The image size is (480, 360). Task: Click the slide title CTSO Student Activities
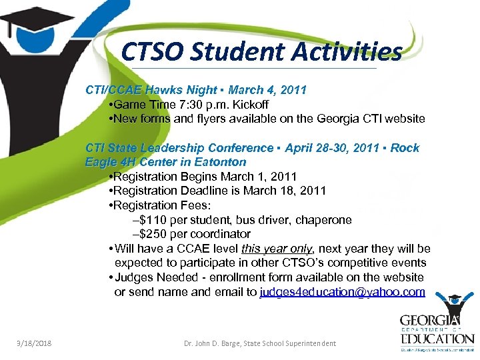(262, 51)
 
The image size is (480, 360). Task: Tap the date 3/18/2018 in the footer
(35, 343)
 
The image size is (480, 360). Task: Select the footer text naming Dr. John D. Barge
(260, 343)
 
